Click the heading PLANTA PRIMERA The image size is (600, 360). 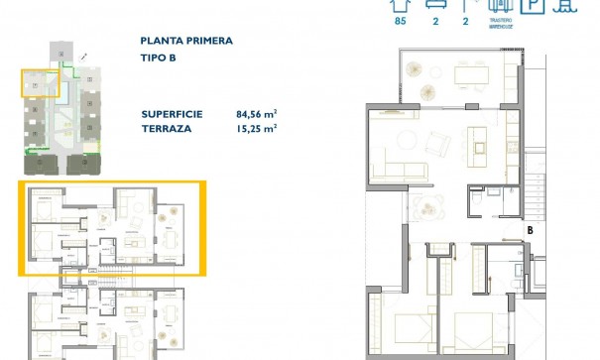point(187,42)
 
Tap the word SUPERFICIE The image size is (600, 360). point(172,114)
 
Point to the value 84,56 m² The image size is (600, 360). point(254,114)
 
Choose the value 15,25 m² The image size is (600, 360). point(254,128)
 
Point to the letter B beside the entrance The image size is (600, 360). point(531,231)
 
